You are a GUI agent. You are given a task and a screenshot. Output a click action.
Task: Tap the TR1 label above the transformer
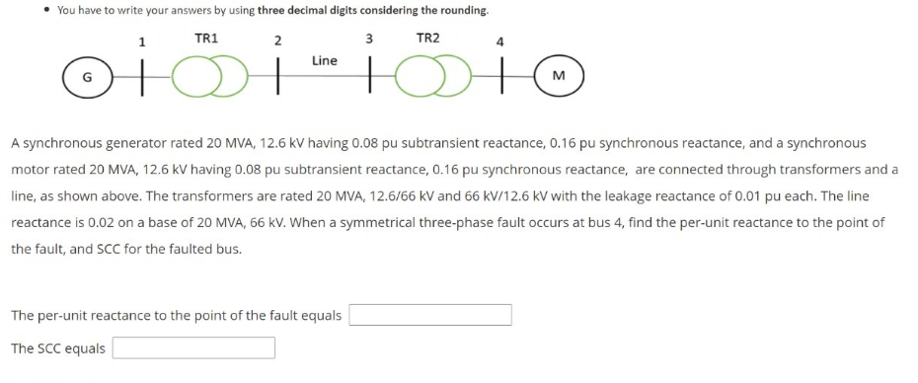click(x=206, y=38)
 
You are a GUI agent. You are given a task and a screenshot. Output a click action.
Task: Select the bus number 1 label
click(x=142, y=41)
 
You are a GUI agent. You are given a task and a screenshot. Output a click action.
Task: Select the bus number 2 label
click(x=277, y=41)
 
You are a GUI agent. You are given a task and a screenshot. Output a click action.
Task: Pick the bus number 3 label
click(x=368, y=39)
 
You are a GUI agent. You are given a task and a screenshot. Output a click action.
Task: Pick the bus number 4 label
click(x=500, y=41)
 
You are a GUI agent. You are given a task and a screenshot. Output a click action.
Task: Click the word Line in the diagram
click(x=324, y=61)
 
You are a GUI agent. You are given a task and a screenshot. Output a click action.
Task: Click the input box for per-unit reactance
click(x=430, y=315)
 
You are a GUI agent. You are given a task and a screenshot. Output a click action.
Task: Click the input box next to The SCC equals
click(x=193, y=347)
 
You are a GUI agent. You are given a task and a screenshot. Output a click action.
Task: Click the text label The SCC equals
click(x=58, y=348)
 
